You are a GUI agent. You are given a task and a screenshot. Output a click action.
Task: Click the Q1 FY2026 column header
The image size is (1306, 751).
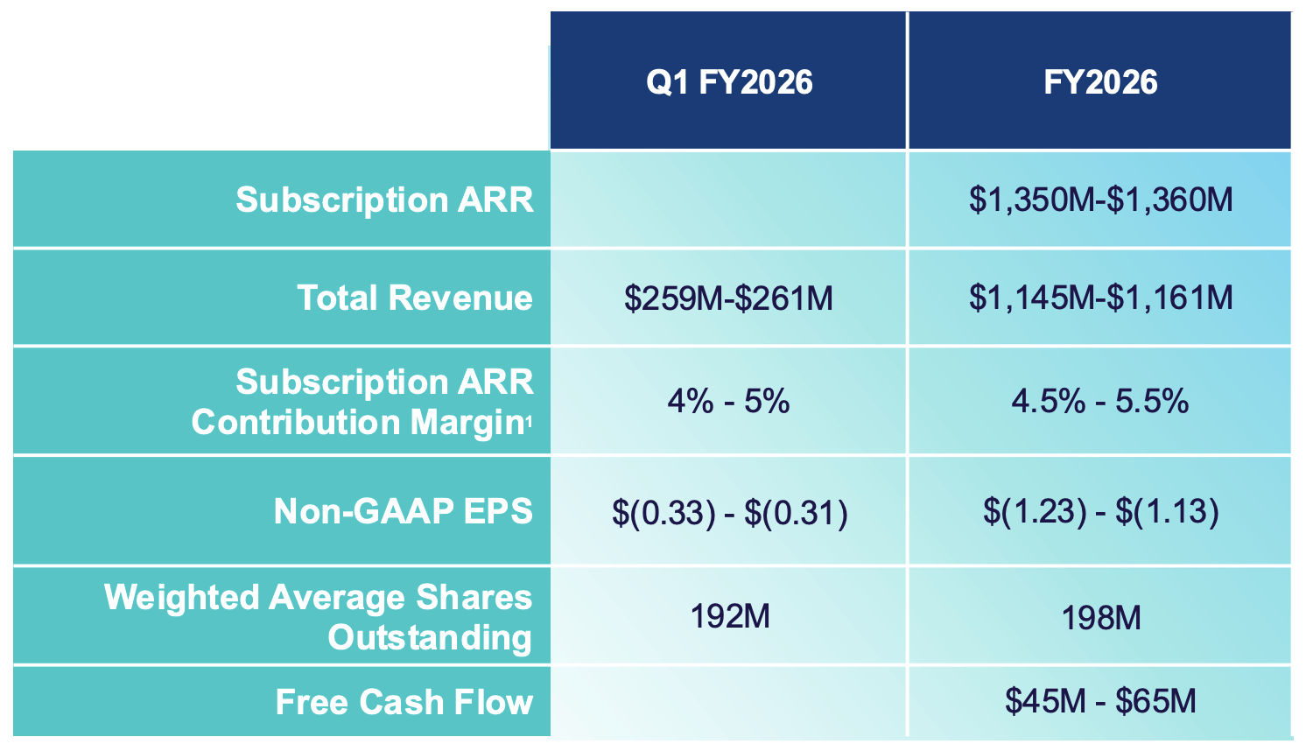[728, 82]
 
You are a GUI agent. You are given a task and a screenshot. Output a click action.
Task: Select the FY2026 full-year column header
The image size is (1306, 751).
[1099, 82]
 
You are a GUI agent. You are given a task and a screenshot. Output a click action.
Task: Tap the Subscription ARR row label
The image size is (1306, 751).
[384, 200]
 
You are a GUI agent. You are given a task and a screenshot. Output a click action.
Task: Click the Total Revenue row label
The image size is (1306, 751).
[414, 298]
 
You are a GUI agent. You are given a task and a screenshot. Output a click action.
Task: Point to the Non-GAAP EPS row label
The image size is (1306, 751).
[403, 511]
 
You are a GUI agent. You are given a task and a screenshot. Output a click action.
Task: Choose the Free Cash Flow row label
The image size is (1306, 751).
[404, 702]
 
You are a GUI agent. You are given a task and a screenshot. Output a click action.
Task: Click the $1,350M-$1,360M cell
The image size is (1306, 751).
[1100, 200]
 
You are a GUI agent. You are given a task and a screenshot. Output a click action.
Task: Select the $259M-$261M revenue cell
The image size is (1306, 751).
[728, 298]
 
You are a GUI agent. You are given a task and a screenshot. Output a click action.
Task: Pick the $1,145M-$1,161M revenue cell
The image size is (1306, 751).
[1100, 298]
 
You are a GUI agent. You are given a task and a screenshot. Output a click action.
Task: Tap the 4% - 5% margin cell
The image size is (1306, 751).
[728, 402]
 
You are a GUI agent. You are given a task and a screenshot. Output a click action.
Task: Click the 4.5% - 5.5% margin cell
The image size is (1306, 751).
[1100, 402]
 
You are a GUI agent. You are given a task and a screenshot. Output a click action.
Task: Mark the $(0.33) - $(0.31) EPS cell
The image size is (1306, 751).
[729, 512]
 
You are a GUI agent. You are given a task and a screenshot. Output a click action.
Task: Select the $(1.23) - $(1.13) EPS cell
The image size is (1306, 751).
[1100, 511]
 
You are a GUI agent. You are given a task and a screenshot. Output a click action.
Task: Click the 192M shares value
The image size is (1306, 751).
[730, 616]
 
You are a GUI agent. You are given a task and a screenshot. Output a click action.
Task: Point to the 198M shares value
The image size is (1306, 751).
[1101, 618]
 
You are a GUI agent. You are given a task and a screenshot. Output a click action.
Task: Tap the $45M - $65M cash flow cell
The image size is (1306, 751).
[1100, 701]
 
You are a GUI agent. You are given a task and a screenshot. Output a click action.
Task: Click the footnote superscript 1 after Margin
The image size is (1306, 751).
[529, 420]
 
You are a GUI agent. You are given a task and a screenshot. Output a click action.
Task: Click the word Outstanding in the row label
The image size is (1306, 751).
[430, 637]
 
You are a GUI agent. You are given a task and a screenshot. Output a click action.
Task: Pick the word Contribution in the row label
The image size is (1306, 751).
[296, 422]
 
